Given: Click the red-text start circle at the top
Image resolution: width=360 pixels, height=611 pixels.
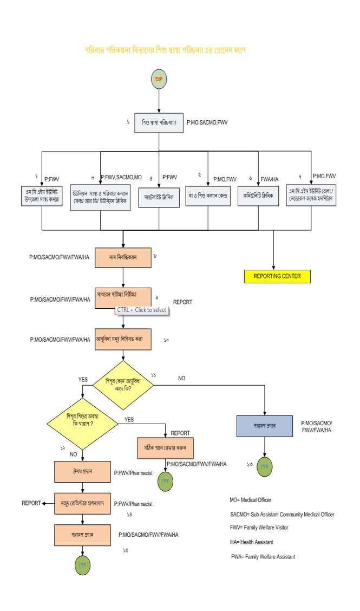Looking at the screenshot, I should click(159, 79).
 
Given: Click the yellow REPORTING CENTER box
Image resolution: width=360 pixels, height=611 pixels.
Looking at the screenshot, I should click(277, 276).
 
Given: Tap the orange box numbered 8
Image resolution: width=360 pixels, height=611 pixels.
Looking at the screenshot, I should click(123, 257).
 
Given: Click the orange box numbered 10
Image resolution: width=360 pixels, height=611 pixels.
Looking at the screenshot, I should click(123, 339).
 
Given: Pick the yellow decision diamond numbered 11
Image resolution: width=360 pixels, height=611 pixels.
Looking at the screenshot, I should click(123, 384).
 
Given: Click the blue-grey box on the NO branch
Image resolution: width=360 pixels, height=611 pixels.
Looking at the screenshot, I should click(265, 426).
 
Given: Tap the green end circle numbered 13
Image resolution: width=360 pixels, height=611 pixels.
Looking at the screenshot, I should click(264, 467).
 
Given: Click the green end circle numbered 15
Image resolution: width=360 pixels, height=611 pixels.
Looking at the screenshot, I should click(82, 565).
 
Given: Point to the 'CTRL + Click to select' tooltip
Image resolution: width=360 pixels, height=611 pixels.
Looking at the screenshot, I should click(141, 310).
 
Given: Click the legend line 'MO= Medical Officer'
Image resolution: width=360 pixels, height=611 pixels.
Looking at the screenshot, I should click(251, 500).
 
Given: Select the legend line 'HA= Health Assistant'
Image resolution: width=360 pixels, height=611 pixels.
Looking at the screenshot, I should click(251, 542).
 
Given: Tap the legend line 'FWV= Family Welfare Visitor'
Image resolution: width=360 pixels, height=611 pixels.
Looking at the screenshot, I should click(259, 528).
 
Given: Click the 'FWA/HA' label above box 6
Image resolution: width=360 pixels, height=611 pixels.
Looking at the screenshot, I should click(270, 179).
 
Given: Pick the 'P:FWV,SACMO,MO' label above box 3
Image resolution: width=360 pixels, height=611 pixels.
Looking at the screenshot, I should click(121, 177).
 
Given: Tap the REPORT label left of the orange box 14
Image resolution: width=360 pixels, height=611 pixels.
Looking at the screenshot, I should click(31, 503).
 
